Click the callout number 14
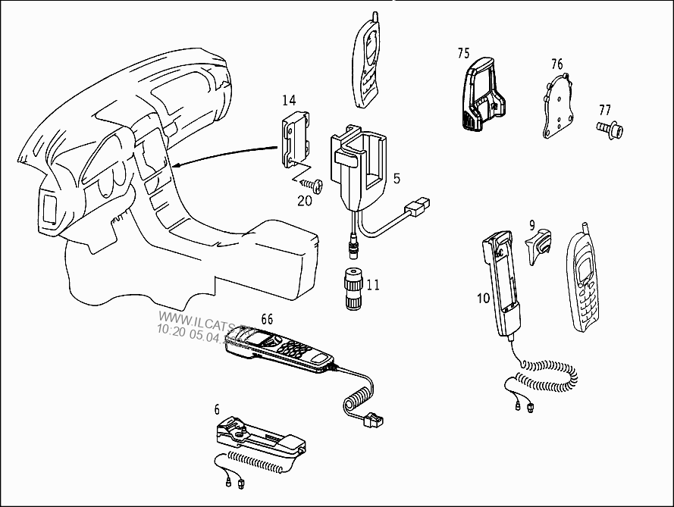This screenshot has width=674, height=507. [289, 100]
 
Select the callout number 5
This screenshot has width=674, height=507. [397, 179]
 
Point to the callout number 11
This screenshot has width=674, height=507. [373, 286]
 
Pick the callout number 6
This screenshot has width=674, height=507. [217, 410]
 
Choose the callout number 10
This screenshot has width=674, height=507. [484, 298]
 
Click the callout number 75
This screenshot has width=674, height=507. [464, 53]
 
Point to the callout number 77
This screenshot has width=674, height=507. [604, 110]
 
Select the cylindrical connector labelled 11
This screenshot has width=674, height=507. [352, 288]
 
